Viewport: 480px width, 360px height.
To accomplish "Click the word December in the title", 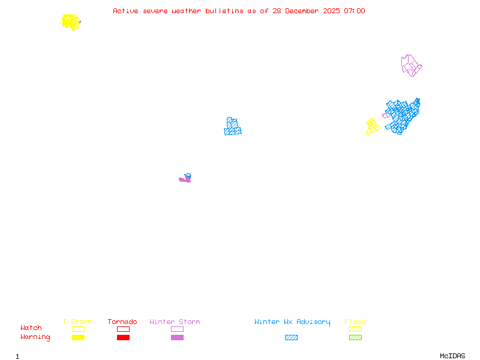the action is coord(302,11).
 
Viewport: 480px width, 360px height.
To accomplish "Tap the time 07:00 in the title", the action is coord(355,11).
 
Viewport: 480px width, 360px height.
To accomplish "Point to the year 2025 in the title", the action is coord(331,11).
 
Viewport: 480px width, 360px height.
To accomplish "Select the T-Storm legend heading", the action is coord(77,322).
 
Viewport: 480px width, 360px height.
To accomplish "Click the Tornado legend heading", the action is coord(122,322).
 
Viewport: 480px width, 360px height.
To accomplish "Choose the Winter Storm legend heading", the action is coord(175,322).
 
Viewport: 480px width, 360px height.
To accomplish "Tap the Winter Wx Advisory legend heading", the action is coord(292,322).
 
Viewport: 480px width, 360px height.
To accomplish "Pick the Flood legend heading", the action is coord(355,322).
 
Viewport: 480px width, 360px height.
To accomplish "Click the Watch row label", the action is coord(31,328).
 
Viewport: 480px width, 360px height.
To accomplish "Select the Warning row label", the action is coord(35,337).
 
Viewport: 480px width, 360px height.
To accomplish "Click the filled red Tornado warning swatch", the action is coord(124,337).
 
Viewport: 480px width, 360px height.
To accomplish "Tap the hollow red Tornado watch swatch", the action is coord(124,329).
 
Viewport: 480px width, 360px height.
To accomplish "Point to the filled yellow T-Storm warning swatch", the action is coord(79,337).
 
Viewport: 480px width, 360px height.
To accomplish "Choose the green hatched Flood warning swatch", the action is coord(355,337).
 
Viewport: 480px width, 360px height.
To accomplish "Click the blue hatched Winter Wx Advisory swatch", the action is coord(291,337).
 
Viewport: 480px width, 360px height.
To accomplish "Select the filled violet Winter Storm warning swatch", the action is coord(177,337).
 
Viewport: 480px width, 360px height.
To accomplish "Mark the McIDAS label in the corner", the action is coord(452,356).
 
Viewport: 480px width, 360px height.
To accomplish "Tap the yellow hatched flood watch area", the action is coord(372,127).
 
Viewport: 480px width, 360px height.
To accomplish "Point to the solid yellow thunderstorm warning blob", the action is coord(71,22).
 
